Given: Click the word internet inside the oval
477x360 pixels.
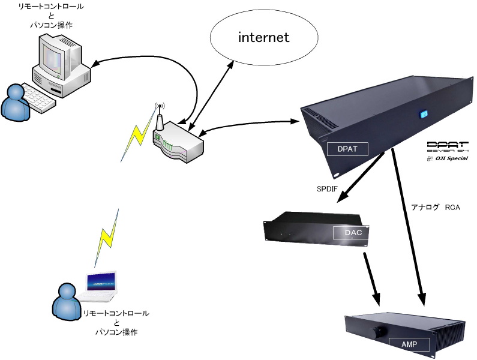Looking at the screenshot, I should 264,38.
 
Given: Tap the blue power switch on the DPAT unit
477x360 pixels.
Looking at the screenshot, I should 422,113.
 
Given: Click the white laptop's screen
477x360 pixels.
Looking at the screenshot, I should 101,282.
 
